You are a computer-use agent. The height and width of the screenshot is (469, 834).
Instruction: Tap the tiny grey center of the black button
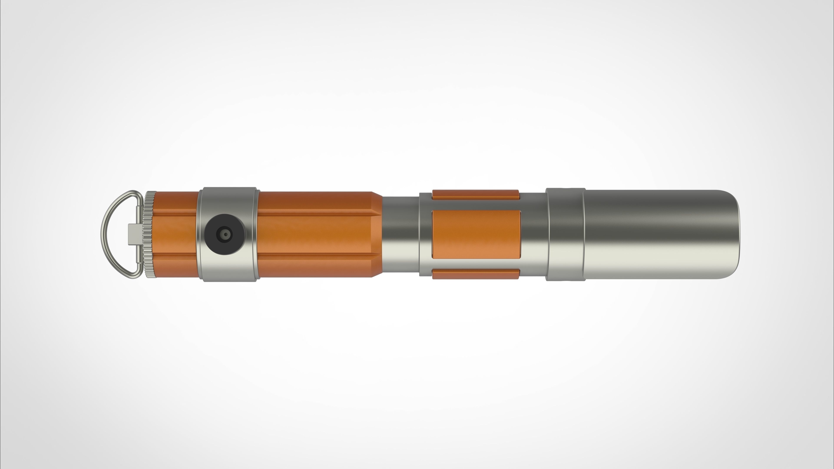coord(225,234)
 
